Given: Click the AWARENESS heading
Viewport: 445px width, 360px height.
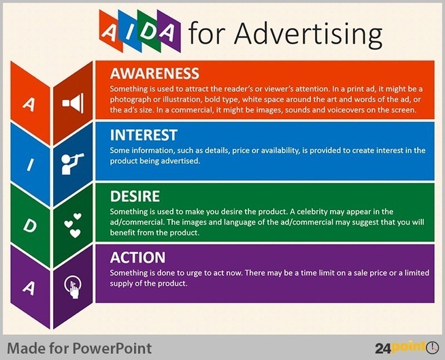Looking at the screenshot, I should [154, 73].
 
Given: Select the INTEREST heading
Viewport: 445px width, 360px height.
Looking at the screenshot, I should [144, 135].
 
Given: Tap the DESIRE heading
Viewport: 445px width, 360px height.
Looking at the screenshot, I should [135, 196].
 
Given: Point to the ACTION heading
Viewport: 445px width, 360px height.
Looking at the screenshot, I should [137, 257].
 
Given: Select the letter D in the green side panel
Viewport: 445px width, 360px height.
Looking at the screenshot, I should [29, 225].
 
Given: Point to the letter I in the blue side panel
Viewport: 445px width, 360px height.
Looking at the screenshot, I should [29, 164].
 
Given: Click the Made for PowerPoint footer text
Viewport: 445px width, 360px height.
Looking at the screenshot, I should [79, 348].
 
